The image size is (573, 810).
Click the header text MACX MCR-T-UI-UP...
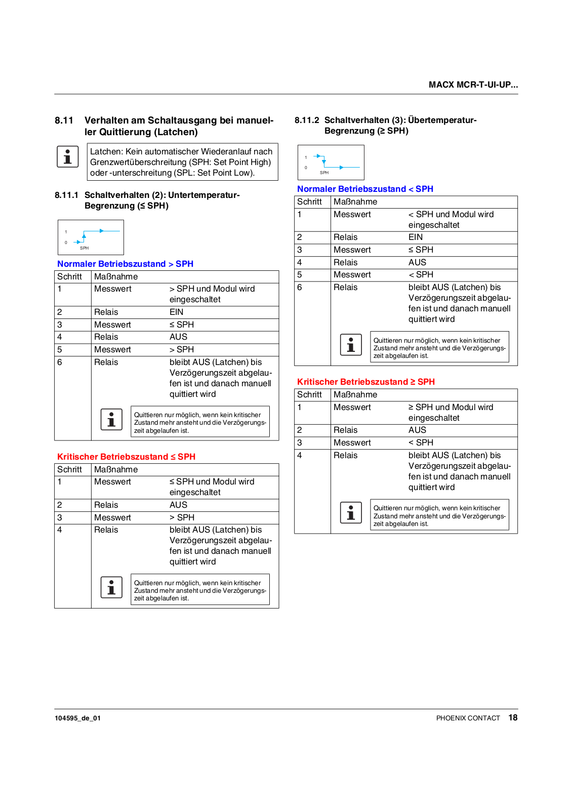[x=473, y=85]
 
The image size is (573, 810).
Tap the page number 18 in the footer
[x=513, y=717]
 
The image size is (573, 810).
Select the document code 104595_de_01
[x=77, y=718]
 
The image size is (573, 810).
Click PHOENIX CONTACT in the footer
[x=468, y=718]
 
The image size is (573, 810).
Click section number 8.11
[x=64, y=120]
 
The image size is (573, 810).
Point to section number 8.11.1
[x=66, y=195]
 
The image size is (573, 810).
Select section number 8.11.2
[x=307, y=120]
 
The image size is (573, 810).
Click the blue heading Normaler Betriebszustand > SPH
[x=125, y=264]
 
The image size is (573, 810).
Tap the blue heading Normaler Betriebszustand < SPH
[x=365, y=189]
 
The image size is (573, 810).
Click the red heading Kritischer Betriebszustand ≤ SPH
[x=126, y=457]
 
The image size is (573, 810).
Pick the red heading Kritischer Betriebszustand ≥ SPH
[x=365, y=382]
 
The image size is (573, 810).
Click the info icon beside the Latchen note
[x=67, y=156]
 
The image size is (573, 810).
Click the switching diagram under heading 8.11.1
[x=91, y=237]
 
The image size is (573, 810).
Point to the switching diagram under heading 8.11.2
[x=331, y=162]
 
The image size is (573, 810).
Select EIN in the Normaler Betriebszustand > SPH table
[x=176, y=312]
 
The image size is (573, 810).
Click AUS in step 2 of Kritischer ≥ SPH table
[x=417, y=430]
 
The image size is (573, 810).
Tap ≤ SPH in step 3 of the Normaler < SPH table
[x=421, y=250]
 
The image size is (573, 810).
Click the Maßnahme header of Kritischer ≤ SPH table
[x=116, y=469]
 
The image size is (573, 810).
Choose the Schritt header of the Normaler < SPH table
[x=309, y=201]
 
